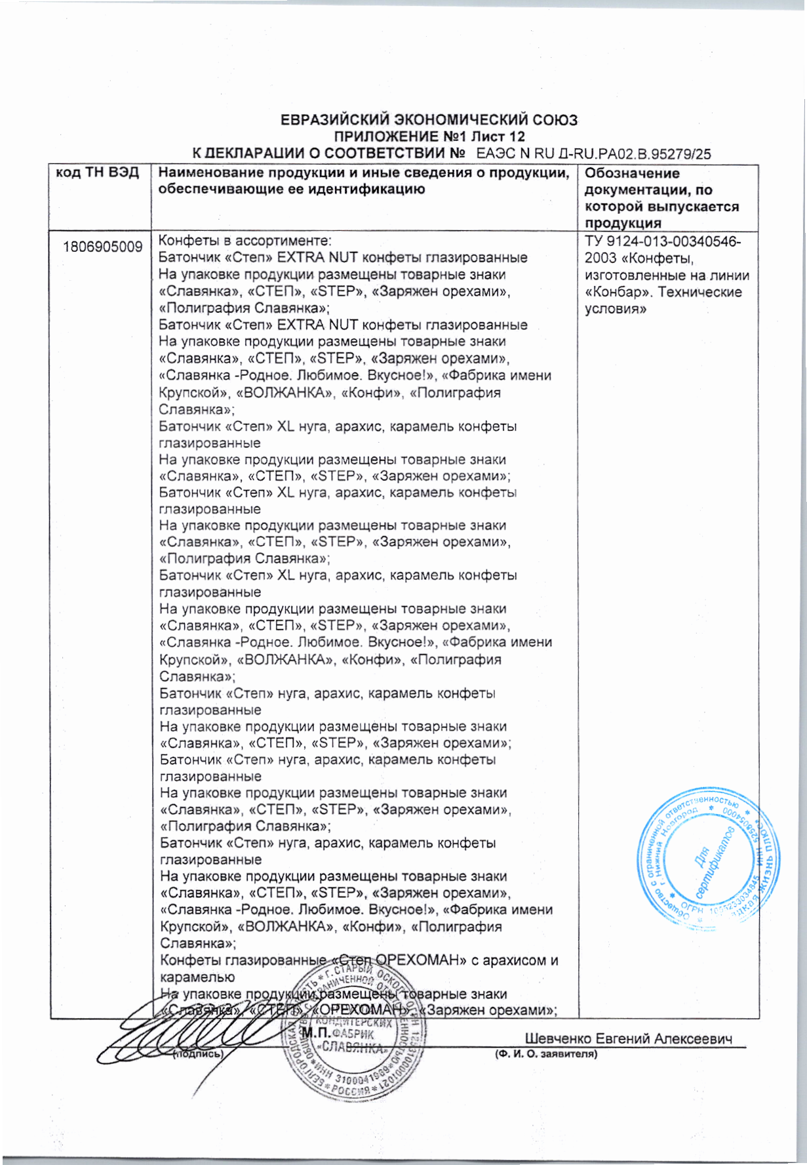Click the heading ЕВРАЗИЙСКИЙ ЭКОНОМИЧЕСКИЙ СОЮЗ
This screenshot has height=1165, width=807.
coord(429,121)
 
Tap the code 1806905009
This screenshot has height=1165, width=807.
coord(103,247)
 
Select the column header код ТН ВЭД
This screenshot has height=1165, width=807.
coord(98,173)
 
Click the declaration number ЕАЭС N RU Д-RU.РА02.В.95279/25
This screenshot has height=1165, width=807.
coord(593,154)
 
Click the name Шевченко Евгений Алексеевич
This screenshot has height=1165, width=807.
coord(628,1038)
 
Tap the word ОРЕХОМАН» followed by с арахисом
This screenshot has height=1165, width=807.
coord(418,961)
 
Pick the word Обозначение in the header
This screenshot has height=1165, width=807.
coord(631,174)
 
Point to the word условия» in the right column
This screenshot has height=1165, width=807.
coord(616,309)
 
